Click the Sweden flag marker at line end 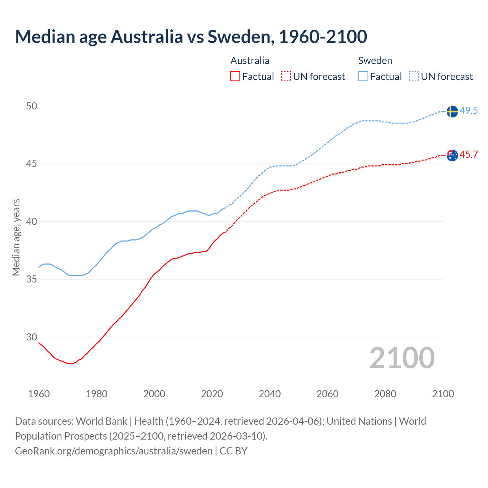pyautogui.click(x=452, y=111)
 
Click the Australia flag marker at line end pyautogui.click(x=452, y=155)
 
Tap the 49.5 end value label pyautogui.click(x=469, y=111)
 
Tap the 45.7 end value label pyautogui.click(x=469, y=155)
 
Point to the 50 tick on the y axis pyautogui.click(x=32, y=106)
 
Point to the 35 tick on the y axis pyautogui.click(x=32, y=279)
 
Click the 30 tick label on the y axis pyautogui.click(x=32, y=337)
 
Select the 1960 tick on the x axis pyautogui.click(x=39, y=394)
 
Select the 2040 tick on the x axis pyautogui.click(x=270, y=394)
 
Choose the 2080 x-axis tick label pyautogui.click(x=385, y=394)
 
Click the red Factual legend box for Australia pyautogui.click(x=235, y=77)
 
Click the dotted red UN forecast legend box pyautogui.click(x=286, y=77)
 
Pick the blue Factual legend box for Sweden pyautogui.click(x=363, y=77)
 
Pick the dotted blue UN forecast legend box pyautogui.click(x=414, y=77)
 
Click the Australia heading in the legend pyautogui.click(x=250, y=61)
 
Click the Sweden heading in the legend pyautogui.click(x=375, y=61)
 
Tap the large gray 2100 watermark pyautogui.click(x=402, y=358)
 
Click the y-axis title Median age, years pyautogui.click(x=16, y=237)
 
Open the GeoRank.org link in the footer pyautogui.click(x=114, y=451)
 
